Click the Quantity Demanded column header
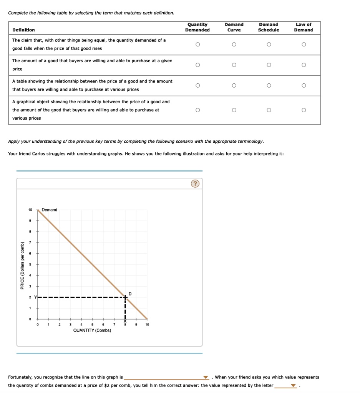click(x=197, y=27)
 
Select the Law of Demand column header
click(x=304, y=27)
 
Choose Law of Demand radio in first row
click(x=304, y=45)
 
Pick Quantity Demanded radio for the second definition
click(x=197, y=65)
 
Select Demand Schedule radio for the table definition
click(x=269, y=86)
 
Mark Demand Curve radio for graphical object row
click(x=234, y=110)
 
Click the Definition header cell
click(x=23, y=30)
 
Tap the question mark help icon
click(x=195, y=184)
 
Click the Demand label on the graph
click(x=50, y=210)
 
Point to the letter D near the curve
click(x=130, y=294)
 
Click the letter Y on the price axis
click(x=35, y=297)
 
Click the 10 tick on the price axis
click(x=30, y=210)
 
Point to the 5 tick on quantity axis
click(x=92, y=325)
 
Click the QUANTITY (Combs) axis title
click(x=92, y=330)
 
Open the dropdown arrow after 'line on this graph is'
click(x=206, y=377)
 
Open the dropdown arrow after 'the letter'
click(x=294, y=386)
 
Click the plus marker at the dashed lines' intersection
click(x=125, y=297)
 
